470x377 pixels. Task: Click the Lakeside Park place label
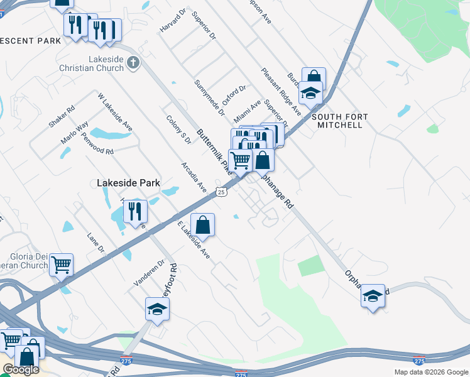129,183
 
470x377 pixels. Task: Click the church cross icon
133,62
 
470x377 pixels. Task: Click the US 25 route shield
221,192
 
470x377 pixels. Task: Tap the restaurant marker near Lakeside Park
135,212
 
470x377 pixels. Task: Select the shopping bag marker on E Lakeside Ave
203,225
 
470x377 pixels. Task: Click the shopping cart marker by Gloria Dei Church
61,265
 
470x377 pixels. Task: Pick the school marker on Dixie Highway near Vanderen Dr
157,309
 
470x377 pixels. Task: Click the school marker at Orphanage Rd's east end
373,295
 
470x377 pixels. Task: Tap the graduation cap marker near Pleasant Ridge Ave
310,93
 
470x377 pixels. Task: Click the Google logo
21,369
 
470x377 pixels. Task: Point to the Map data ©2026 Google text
432,372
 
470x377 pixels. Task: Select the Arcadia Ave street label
194,177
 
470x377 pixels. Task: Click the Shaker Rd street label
62,116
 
